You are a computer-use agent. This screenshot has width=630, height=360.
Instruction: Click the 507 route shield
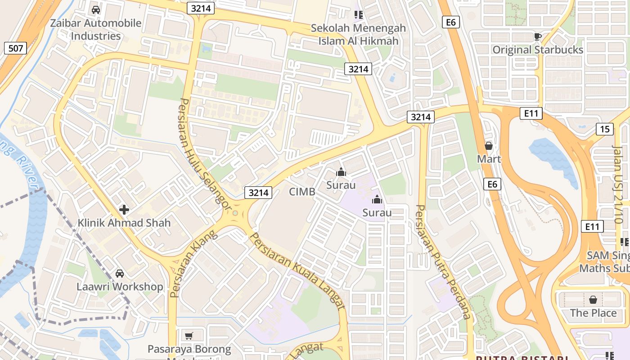point(16,48)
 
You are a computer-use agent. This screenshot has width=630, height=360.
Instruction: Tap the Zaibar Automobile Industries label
point(95,29)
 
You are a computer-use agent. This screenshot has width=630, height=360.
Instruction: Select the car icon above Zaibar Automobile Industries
point(95,9)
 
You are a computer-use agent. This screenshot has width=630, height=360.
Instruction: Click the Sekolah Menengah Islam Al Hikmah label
point(358,35)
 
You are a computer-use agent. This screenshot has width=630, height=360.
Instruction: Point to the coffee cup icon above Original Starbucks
point(537,36)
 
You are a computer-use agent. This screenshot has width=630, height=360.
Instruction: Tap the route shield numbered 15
point(605,129)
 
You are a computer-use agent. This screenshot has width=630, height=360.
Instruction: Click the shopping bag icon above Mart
point(489,146)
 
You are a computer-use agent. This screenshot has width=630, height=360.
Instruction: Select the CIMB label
point(302,192)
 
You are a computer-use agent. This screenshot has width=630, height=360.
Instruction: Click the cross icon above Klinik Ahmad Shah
point(124,209)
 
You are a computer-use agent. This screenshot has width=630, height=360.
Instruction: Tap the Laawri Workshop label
point(120,287)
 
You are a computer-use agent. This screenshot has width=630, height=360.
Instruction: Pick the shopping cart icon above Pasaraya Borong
point(189,336)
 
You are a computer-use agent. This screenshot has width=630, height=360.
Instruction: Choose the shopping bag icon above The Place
point(593,299)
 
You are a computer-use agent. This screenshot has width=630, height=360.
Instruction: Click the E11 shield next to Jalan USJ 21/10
point(592,226)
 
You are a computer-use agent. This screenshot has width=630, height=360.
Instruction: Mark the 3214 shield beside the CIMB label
point(259,193)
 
